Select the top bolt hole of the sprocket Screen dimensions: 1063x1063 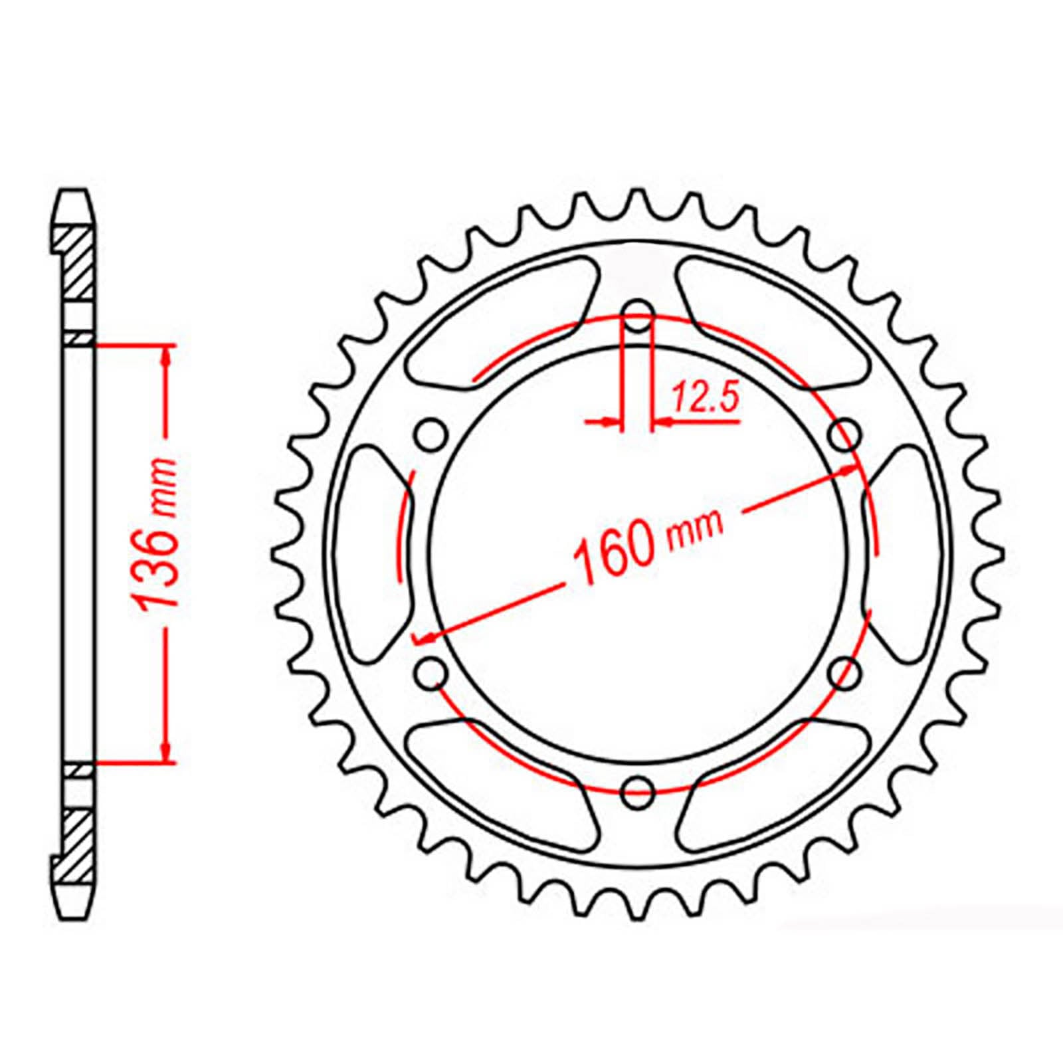pos(638,316)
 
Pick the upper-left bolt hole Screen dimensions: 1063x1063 pos(432,435)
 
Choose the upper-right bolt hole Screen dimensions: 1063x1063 pos(846,435)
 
